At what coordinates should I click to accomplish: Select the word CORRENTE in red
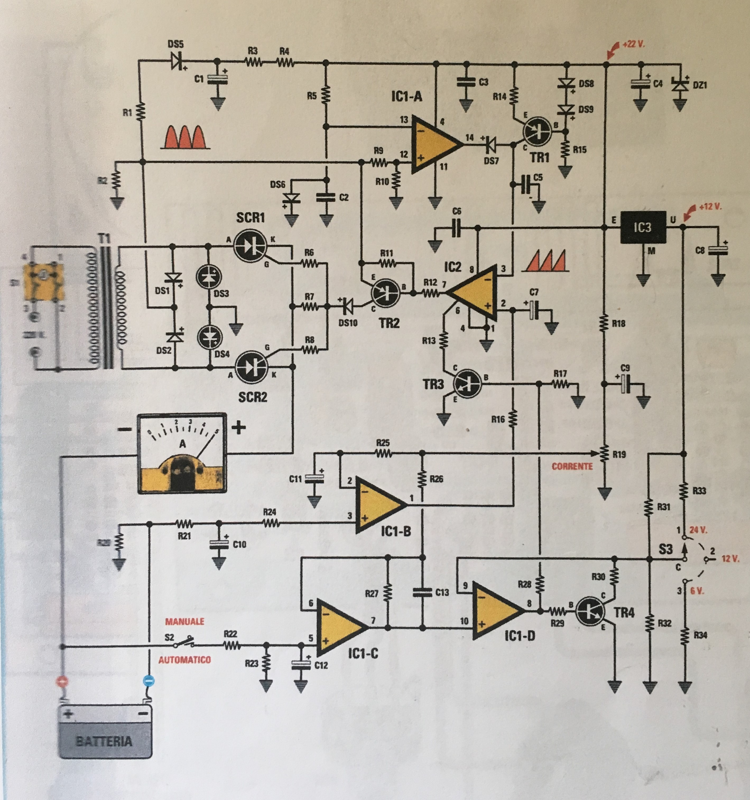tap(572, 466)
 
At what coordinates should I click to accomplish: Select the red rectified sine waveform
tap(185, 137)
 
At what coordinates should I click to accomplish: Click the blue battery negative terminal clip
tap(148, 681)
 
